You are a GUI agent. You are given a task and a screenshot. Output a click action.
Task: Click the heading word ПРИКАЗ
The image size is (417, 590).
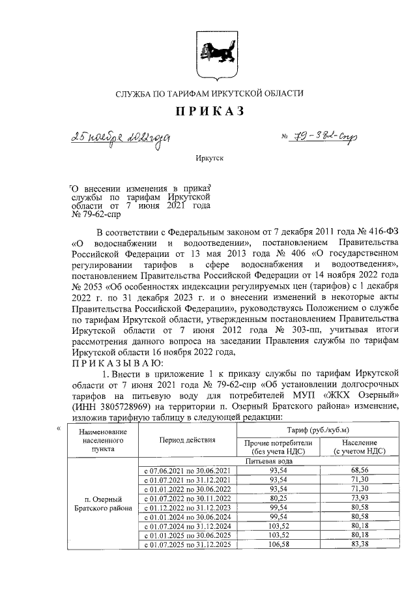pos(208,111)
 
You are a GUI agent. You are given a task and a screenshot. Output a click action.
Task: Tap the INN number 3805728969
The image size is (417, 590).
pos(125,406)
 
